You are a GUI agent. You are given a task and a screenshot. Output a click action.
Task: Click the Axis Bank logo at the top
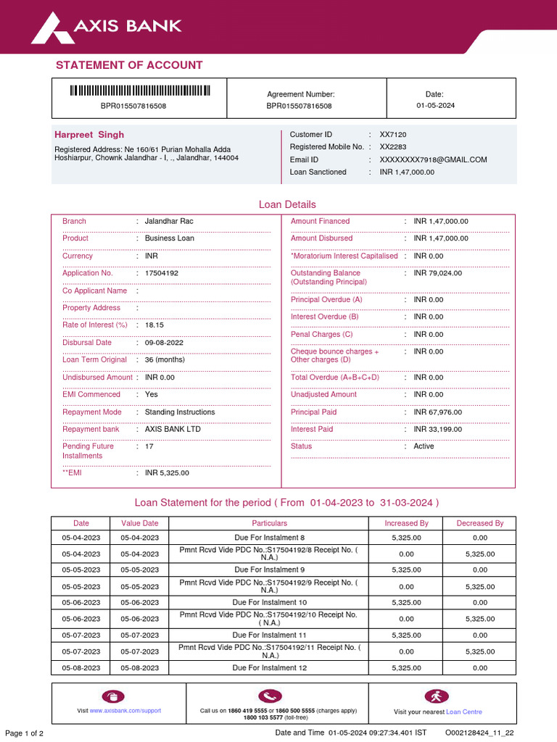point(106,27)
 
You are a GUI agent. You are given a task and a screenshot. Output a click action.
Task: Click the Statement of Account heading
point(129,65)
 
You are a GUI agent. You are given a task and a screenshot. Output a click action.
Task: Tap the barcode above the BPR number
point(139,91)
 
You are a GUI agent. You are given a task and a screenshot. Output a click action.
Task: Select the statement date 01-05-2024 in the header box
point(435,106)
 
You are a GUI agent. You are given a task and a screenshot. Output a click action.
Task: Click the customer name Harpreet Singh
point(89,135)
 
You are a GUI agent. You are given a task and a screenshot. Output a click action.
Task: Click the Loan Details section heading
point(287,205)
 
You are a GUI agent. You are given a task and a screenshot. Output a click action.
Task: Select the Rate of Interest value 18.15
point(154,325)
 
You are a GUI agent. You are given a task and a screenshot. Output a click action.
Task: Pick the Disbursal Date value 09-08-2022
point(164,343)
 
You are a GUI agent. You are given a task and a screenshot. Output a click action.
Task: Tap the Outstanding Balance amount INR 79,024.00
point(437,273)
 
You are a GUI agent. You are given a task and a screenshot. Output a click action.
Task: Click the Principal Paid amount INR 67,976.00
point(437,412)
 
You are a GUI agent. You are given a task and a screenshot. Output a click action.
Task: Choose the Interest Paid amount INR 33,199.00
point(437,429)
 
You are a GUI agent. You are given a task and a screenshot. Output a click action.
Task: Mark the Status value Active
point(424,446)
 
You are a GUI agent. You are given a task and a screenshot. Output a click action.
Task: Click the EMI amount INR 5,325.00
point(167,473)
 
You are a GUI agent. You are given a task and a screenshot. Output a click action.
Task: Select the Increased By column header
point(406,523)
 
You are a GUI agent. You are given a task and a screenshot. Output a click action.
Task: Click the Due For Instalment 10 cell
point(269,602)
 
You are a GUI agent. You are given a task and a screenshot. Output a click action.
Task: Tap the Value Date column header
point(140,523)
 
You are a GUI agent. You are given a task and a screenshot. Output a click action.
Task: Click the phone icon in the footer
point(268,696)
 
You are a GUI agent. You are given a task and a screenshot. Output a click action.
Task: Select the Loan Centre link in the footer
point(463,712)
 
